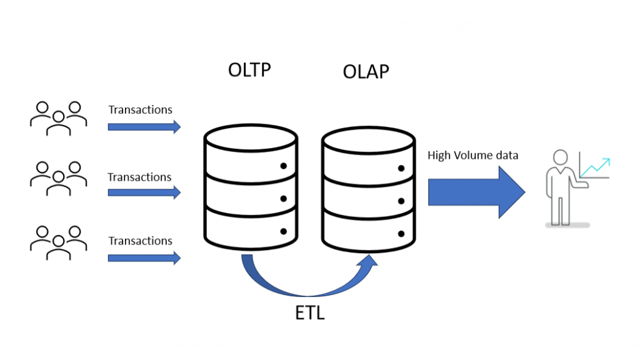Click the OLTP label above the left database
249,69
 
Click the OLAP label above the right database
366,72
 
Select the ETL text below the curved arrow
309,313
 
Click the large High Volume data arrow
475,192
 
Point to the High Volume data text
472,155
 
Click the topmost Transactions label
140,110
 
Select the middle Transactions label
139,177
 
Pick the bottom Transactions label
140,241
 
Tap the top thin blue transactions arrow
144,127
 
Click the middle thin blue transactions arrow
144,192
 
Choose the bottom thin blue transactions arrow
144,257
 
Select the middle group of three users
58,177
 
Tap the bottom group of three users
58,241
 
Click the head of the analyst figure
560,157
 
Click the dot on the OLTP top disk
283,166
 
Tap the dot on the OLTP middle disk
283,199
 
